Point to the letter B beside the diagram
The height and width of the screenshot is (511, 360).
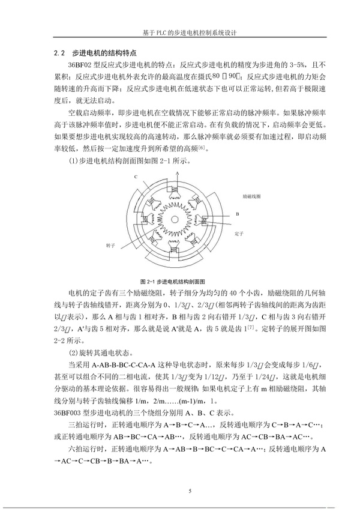click(238, 213)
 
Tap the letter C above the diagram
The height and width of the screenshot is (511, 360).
click(136, 177)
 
